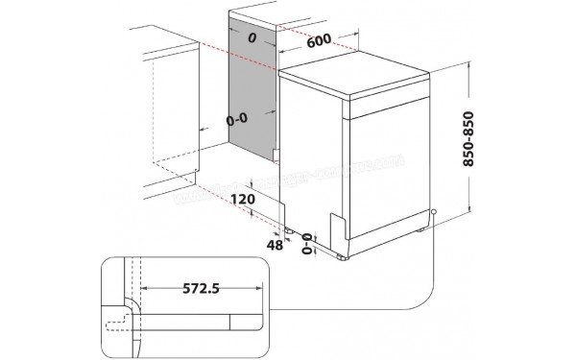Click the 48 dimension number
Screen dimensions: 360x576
coord(274,246)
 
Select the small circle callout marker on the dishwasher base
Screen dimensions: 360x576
coord(434,213)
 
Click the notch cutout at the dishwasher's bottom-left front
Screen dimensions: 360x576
coord(339,228)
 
